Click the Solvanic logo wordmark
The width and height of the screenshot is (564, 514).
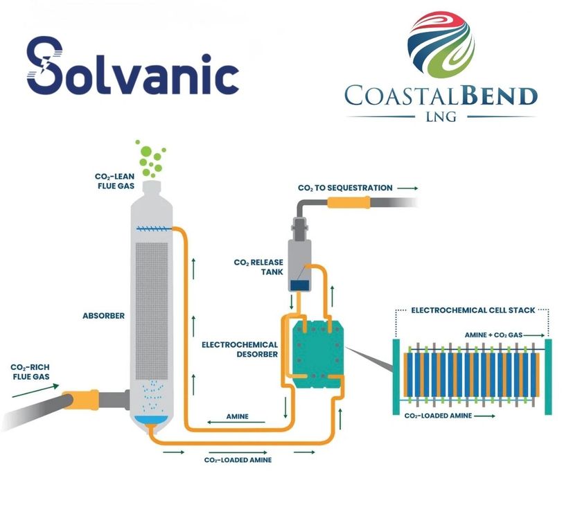click(x=132, y=68)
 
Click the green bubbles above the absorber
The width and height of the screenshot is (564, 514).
click(x=151, y=158)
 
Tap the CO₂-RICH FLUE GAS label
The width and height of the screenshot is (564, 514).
click(x=28, y=372)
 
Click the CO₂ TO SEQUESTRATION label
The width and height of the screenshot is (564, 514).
click(x=345, y=188)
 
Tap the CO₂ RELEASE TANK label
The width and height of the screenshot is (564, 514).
click(x=259, y=267)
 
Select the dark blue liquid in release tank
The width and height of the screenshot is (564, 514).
click(x=299, y=285)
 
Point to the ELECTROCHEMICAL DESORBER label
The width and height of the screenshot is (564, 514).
click(x=240, y=349)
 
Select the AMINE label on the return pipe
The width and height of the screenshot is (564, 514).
click(x=238, y=417)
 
